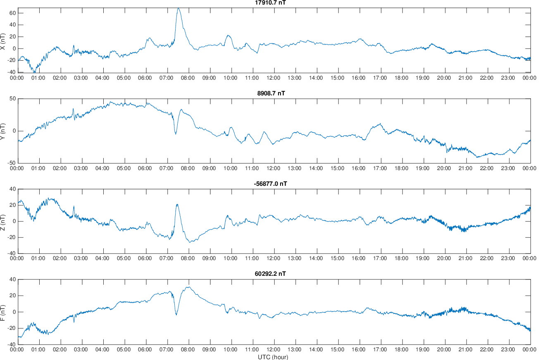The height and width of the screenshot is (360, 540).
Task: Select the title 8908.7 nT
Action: point(271,93)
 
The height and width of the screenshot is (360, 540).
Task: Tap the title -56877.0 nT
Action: point(270,184)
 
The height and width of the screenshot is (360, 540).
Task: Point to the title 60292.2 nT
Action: point(271,274)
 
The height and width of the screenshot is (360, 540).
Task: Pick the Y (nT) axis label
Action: point(3,131)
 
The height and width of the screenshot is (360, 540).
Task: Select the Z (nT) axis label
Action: point(3,221)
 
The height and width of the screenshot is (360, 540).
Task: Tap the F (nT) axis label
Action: point(3,312)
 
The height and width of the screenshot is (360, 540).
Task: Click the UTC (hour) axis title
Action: point(273,357)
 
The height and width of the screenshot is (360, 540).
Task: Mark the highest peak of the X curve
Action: point(178,8)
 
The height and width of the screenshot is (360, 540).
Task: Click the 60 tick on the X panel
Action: point(12,13)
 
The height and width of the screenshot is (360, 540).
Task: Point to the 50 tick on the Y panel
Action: point(12,99)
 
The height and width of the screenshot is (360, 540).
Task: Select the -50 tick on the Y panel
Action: point(12,163)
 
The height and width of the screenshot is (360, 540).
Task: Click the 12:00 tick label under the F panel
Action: point(273,349)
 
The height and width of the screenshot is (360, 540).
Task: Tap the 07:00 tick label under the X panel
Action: point(167,78)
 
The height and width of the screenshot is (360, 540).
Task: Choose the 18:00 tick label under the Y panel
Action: point(402,168)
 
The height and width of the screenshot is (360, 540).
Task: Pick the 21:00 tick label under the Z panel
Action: point(466,259)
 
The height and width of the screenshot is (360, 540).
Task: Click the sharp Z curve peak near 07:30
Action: point(177,204)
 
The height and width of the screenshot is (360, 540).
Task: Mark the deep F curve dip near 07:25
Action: point(176,315)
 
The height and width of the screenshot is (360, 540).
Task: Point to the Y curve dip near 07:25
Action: point(176,134)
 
